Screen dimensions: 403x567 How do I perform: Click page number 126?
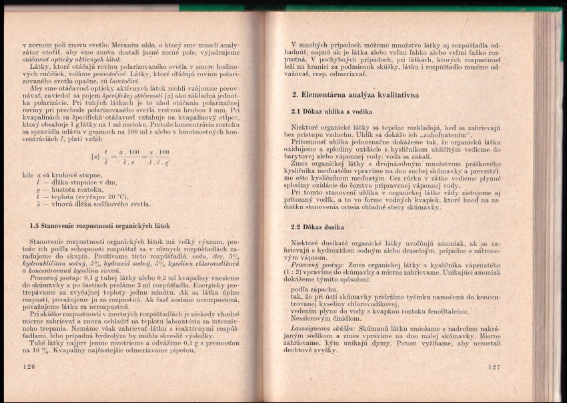tap(28, 366)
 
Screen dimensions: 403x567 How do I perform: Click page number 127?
tap(494, 367)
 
